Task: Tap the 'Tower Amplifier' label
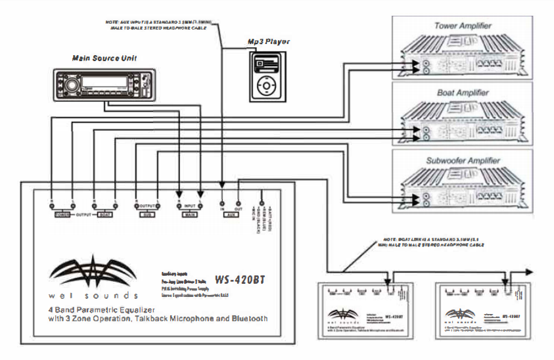tap(463, 26)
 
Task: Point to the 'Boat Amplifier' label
tap(463, 93)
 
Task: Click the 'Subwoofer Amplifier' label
tap(463, 160)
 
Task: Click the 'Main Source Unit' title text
tap(99, 58)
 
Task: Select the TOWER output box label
tap(63, 214)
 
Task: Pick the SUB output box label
tap(147, 214)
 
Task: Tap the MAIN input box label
tap(189, 214)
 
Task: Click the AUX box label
tap(231, 214)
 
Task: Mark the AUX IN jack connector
tap(222, 203)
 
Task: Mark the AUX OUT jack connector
tap(239, 203)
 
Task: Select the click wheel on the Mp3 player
tap(267, 85)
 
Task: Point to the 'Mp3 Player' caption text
tap(269, 42)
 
